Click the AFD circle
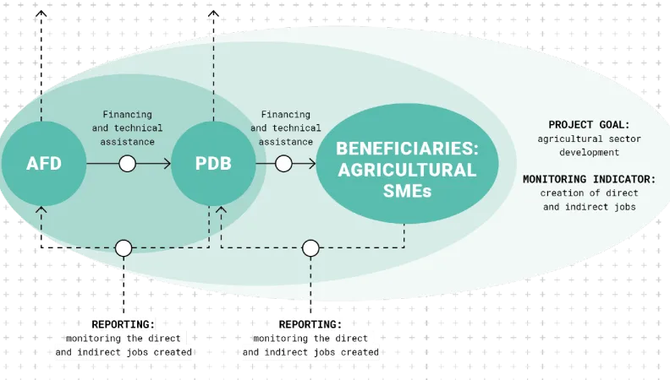point(43,163)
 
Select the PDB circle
point(213,163)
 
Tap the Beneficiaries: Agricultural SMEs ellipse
point(406,169)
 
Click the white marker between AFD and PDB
point(128,163)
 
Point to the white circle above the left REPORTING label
point(124,248)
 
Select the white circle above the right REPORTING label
point(311,248)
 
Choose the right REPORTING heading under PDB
point(310,323)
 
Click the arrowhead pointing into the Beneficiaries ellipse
point(311,163)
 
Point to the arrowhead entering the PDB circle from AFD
point(167,163)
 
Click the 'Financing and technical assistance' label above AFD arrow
point(128,128)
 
